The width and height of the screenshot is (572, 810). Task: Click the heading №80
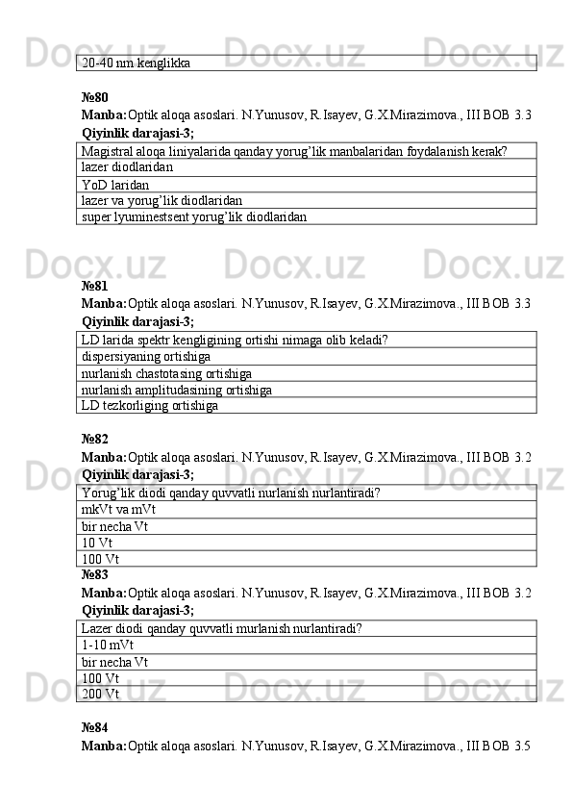(95, 97)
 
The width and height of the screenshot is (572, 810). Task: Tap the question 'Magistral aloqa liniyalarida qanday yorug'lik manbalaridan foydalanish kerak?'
(295, 150)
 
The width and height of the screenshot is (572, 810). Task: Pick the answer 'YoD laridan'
(115, 184)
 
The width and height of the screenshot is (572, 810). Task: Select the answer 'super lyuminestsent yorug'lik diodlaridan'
(194, 217)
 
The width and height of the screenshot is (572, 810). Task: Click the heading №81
(95, 286)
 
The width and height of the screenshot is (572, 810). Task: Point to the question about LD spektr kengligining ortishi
(236, 340)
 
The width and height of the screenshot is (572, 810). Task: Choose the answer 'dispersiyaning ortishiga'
(147, 356)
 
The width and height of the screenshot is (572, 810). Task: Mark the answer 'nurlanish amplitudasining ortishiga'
(177, 390)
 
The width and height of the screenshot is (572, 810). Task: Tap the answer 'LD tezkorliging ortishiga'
(150, 406)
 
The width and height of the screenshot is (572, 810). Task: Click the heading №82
(95, 439)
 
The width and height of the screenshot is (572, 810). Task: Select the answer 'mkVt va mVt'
(119, 510)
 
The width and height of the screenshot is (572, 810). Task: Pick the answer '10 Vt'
(98, 543)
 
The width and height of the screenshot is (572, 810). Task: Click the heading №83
(95, 575)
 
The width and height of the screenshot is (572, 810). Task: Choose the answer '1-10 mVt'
(108, 645)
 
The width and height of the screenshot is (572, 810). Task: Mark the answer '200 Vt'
(101, 694)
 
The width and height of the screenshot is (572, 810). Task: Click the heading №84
(95, 728)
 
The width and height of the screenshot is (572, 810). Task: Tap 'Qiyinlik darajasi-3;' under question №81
(138, 321)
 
